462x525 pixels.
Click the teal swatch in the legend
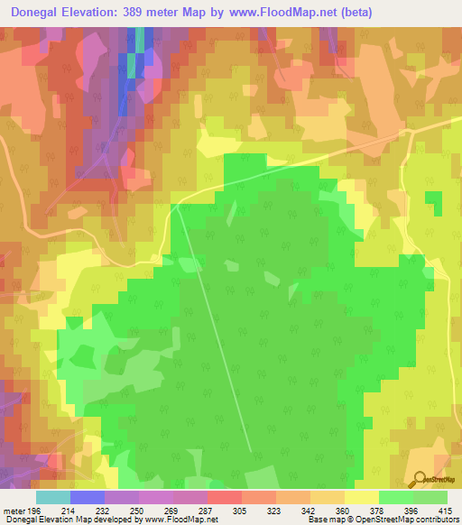(x=52, y=497)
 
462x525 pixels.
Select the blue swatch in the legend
(x=87, y=497)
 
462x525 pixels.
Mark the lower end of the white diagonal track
(x=250, y=448)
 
